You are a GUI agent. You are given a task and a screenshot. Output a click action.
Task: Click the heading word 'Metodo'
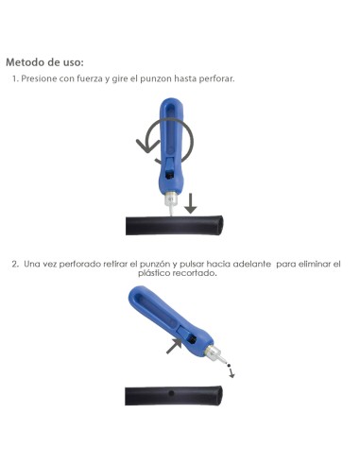click(29, 62)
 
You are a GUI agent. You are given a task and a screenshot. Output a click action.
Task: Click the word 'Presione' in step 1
click(42, 78)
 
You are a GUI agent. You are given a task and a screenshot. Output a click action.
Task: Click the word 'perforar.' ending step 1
click(216, 78)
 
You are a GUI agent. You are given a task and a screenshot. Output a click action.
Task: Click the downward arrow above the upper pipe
click(191, 202)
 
